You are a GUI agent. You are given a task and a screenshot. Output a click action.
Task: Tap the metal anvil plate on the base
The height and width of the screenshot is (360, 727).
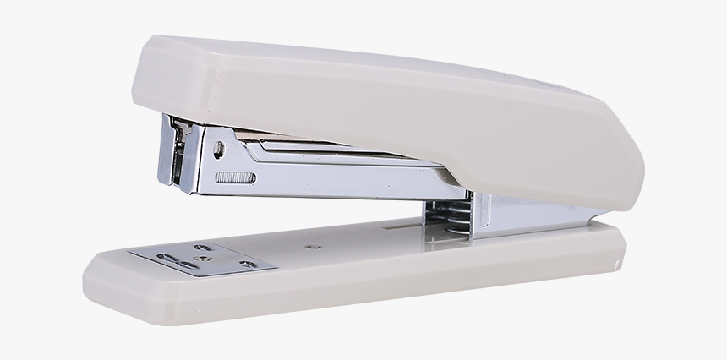pyautogui.click(x=203, y=259)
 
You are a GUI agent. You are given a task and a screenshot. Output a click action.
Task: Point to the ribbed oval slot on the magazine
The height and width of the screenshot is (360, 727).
pyautogui.click(x=235, y=178)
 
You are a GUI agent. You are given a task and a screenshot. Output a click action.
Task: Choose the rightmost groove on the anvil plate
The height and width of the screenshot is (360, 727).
pyautogui.click(x=248, y=265)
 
